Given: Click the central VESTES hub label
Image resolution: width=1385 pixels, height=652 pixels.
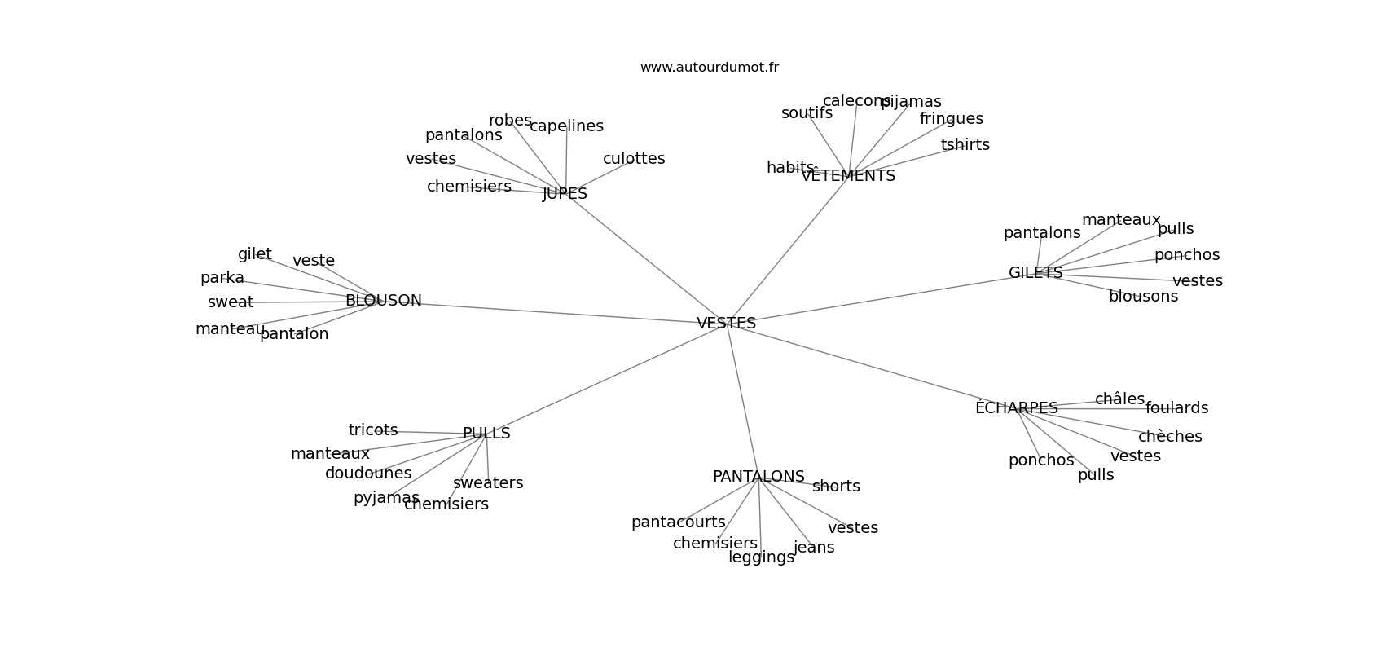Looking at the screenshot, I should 726,324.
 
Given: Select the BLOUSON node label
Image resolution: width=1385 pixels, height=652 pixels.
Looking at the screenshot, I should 383,301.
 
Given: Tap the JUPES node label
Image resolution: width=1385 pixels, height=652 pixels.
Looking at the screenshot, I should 565,194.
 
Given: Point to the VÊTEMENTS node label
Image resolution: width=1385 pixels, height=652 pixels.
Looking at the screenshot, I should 848,176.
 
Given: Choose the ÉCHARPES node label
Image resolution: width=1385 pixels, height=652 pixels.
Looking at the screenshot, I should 1016,408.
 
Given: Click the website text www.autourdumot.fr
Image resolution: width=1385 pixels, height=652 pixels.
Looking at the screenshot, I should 709,68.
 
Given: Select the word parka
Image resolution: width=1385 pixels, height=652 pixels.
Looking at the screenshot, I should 222,278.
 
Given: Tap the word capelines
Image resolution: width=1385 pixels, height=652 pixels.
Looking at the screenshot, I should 566,126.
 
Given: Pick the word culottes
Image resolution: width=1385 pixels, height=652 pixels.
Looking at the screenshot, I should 634,159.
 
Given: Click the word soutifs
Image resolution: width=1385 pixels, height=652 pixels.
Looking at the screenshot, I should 807,113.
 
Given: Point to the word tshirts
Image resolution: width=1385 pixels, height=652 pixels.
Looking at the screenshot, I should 965,145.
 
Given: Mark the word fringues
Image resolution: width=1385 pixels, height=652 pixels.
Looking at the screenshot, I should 951,119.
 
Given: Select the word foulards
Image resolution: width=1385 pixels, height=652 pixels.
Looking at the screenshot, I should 1176,408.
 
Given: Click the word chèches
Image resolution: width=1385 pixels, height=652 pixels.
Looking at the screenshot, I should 1170,437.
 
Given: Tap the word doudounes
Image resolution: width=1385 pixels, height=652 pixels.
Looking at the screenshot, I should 368,474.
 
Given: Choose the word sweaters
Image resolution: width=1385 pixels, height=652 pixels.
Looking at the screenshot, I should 488,483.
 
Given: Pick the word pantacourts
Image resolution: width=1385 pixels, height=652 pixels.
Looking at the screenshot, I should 678,522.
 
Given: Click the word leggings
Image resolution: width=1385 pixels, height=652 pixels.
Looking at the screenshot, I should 761,557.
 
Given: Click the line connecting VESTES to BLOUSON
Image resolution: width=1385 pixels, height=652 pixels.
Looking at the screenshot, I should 554,312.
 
